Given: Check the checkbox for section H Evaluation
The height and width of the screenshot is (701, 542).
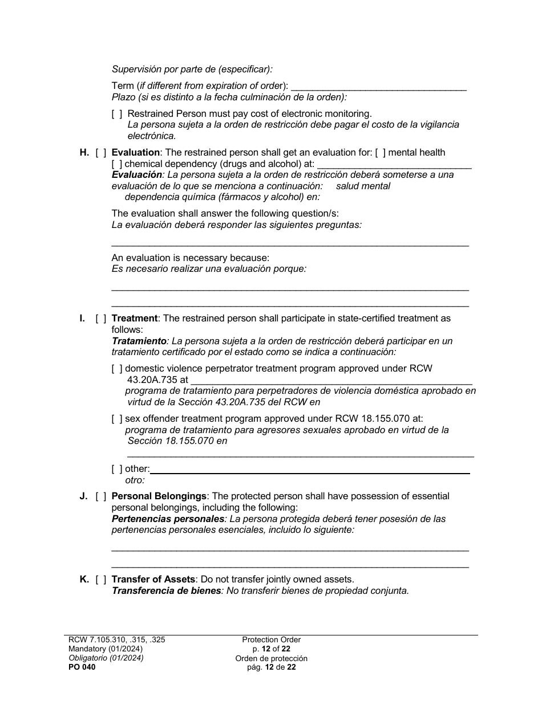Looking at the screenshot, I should tap(100, 153).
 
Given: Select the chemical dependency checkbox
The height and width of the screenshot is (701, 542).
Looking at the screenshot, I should tap(116, 164).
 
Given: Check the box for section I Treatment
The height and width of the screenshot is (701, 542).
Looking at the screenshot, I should tap(100, 319).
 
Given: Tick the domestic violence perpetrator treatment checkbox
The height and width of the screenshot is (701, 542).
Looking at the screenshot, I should tap(116, 369).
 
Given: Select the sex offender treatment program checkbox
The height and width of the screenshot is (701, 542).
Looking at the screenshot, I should tap(116, 419).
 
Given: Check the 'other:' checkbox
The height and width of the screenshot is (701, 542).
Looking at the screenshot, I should tap(116, 469).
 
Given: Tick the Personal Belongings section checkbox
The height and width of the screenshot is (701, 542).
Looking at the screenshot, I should tap(100, 496).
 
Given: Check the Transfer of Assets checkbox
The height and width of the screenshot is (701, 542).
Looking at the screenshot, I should tap(100, 580).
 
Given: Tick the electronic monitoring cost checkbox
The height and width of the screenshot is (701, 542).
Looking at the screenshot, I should tap(116, 114).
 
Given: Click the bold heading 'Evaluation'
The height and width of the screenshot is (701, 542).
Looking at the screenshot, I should tap(135, 153).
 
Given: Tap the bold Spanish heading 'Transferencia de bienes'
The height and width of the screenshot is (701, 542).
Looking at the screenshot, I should tap(166, 591).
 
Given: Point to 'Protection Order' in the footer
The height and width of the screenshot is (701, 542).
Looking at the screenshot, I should tap(271, 640).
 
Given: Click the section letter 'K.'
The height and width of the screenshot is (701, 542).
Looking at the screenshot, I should tap(84, 580).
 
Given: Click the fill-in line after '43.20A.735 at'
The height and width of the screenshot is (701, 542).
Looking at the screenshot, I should tap(331, 381).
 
